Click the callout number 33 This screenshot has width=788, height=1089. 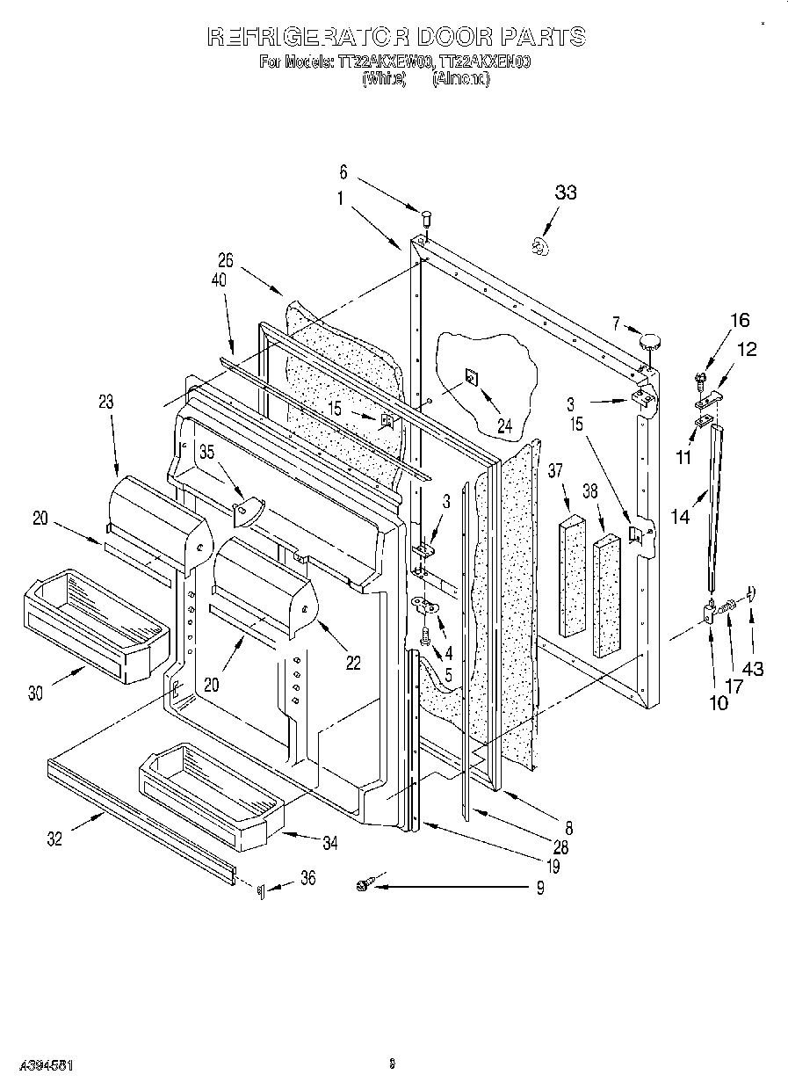pos(566,192)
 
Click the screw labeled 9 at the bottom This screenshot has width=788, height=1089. pos(365,888)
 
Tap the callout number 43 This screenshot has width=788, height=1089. pos(753,669)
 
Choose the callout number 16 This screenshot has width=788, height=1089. pos(740,320)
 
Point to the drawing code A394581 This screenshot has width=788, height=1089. pos(38,1065)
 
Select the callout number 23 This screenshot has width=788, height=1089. pos(105,403)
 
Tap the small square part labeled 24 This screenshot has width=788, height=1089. pos(471,378)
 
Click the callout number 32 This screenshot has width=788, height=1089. pos(54,839)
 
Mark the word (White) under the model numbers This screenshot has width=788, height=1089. pos(384,78)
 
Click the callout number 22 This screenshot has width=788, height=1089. pos(353,664)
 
